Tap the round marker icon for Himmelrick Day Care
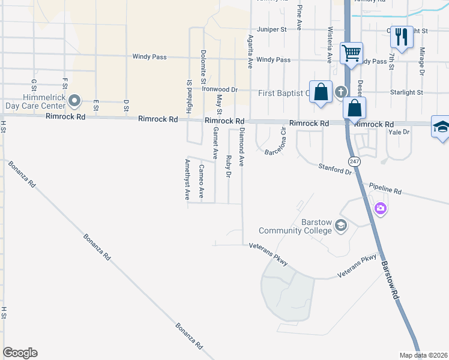click(74, 100)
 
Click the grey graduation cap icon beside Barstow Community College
click(341, 226)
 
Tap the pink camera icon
click(379, 209)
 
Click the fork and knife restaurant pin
click(402, 37)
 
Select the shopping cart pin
click(351, 52)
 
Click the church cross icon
click(341, 92)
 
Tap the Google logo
click(20, 353)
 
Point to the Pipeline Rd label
click(385, 189)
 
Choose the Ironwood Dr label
click(220, 89)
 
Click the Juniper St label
click(271, 29)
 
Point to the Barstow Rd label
click(390, 278)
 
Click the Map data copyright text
click(423, 355)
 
